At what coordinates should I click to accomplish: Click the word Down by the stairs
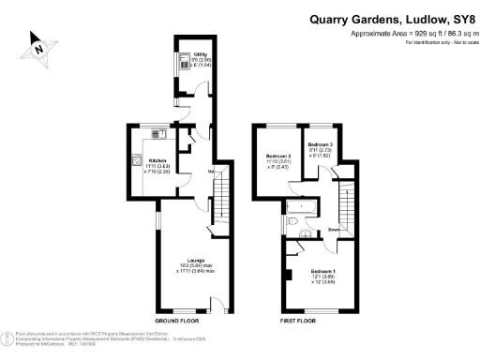333,228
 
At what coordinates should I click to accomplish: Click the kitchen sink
161,133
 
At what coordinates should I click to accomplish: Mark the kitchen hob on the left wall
137,160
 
